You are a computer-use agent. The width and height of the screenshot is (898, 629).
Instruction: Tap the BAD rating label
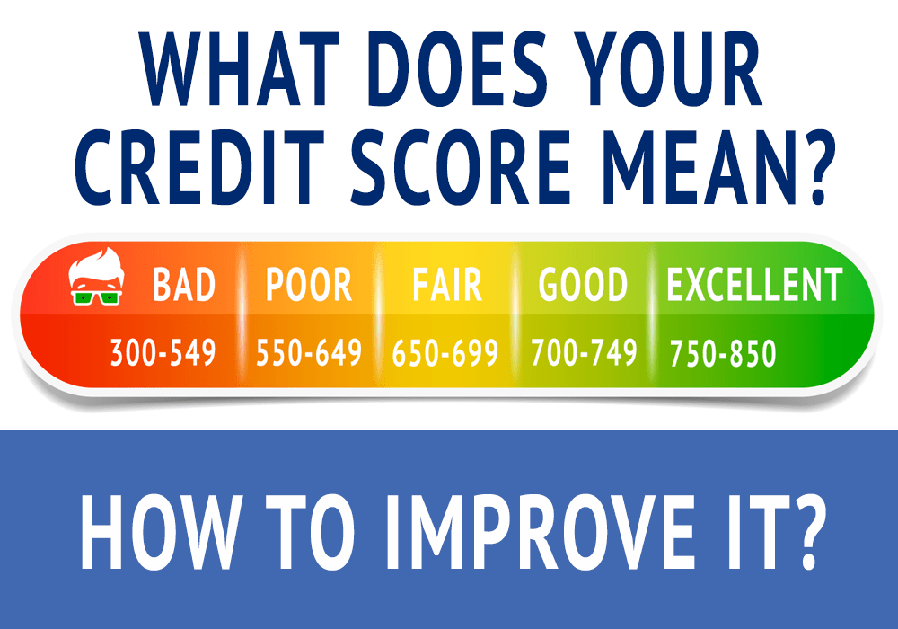coord(184,285)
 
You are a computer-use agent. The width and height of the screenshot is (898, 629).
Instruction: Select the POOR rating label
coord(308,285)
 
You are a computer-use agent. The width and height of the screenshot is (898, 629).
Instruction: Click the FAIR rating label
coord(446,285)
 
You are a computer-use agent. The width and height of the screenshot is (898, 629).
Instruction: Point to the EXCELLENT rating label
coord(754,285)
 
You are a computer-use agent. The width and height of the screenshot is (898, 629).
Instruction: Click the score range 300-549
coord(163,353)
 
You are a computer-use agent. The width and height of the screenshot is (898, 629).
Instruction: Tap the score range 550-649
coord(309,353)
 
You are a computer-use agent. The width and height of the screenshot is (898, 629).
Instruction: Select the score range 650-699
coord(445,353)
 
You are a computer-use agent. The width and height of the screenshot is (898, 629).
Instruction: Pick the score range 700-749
coord(585,353)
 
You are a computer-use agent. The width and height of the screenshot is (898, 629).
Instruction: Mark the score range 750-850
coord(723,353)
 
